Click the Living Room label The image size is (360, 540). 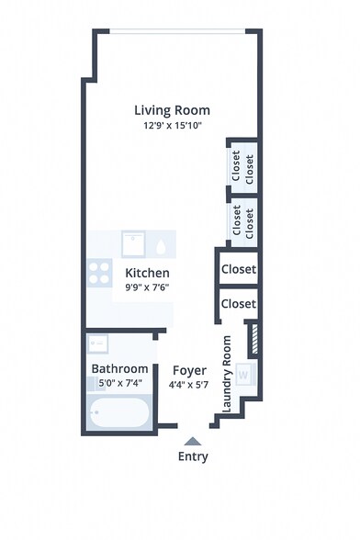coord(172,109)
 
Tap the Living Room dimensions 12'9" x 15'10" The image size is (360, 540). coord(172,125)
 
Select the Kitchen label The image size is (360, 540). coord(147,273)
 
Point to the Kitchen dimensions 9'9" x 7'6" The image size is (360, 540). coord(147,287)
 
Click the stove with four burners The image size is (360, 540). coord(98,272)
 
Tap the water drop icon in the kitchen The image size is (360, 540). coord(162,246)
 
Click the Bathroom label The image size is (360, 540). coord(119,369)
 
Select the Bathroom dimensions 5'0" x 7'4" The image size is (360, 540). coord(119,384)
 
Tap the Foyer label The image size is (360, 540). coord(189,370)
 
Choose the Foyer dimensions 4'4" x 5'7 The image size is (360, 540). coord(189,385)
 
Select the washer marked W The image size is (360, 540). coord(245,375)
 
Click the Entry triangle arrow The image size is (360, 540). coord(192,441)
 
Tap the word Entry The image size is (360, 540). coord(193,456)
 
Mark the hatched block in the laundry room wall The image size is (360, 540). coord(254,338)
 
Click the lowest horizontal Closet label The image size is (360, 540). coord(239,303)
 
